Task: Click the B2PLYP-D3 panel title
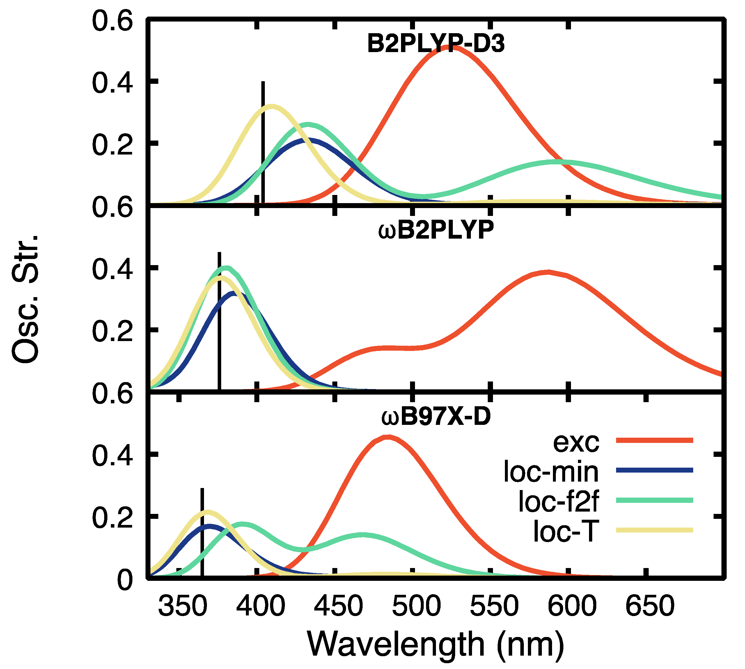tap(436, 44)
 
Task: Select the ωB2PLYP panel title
tap(436, 230)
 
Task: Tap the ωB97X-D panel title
tap(436, 416)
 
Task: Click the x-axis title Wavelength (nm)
tap(436, 644)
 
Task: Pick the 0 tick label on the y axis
tap(125, 581)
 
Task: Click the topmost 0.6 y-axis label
tap(112, 21)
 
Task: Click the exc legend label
tap(576, 442)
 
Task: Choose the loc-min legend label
tap(551, 472)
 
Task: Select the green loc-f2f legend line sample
tap(654, 500)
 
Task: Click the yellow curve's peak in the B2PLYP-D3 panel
tap(271, 107)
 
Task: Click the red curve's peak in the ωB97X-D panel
tap(389, 437)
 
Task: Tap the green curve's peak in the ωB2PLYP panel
tap(226, 268)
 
